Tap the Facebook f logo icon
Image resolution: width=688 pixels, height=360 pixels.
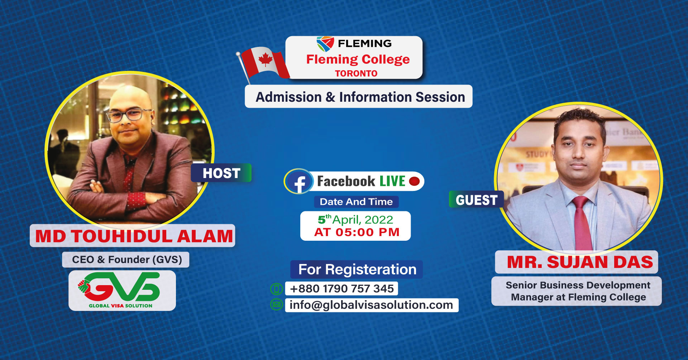[299, 182]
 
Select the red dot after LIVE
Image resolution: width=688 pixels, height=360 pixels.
[414, 181]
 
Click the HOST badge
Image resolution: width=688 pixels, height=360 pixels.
[221, 173]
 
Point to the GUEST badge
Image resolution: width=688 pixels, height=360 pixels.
[476, 200]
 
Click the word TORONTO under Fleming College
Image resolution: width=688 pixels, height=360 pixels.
[356, 73]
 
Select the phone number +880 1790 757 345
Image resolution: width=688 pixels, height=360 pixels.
[342, 288]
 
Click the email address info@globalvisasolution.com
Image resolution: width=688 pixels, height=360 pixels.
[371, 305]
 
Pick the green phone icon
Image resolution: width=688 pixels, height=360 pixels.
[276, 288]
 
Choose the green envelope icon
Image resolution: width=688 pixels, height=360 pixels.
[276, 305]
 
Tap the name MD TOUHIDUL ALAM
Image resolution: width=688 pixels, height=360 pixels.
[134, 236]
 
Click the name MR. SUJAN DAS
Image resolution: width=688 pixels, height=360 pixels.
[580, 262]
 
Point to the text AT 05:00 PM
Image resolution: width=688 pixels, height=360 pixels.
[357, 232]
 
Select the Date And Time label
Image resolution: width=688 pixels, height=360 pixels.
[356, 202]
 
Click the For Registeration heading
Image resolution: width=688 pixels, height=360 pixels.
[357, 269]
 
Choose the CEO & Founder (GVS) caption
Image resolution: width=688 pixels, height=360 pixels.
[127, 259]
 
